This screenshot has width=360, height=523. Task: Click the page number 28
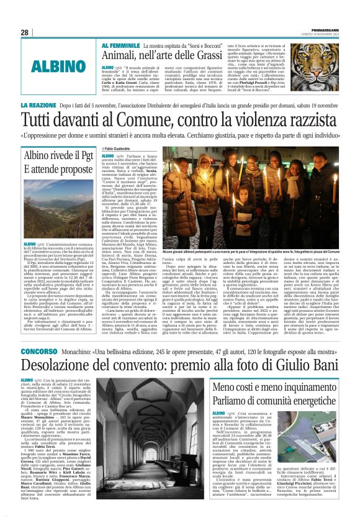(25, 32)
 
